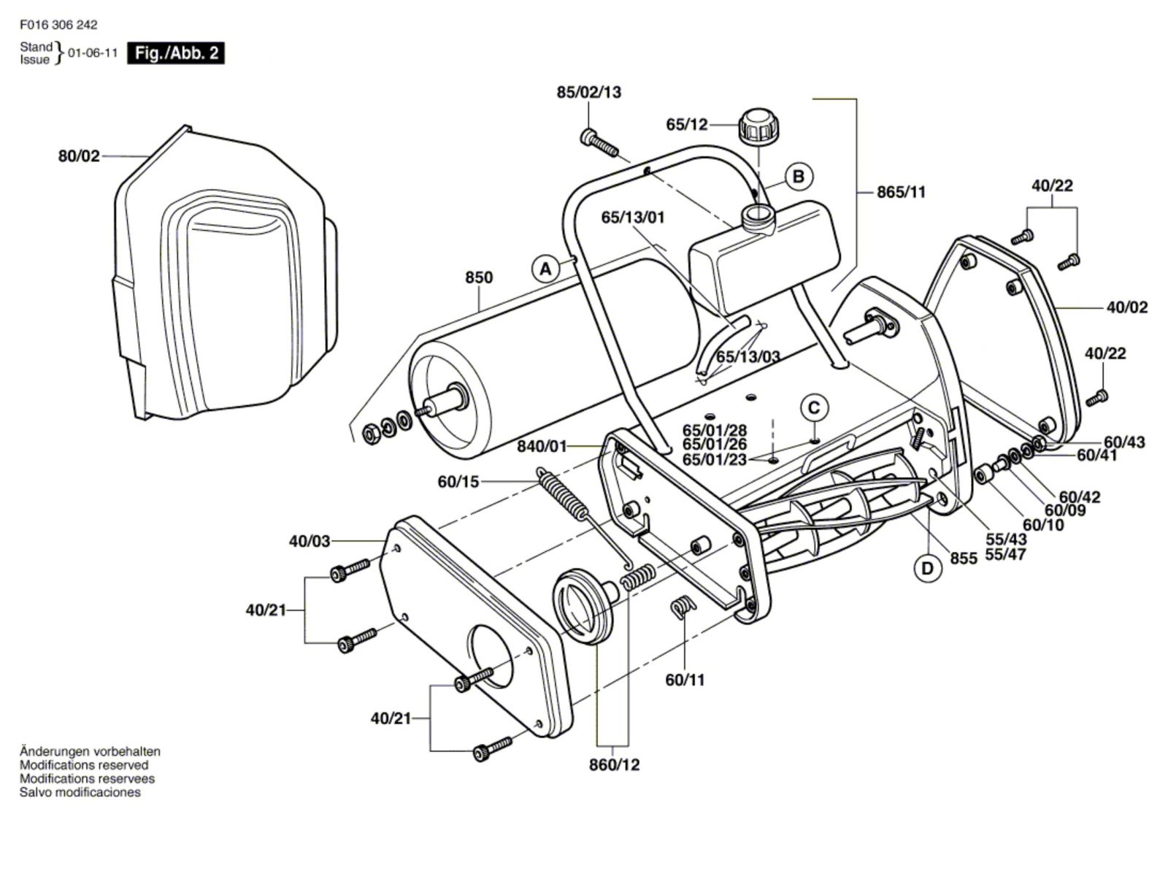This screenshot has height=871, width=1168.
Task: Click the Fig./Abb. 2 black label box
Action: coord(176,53)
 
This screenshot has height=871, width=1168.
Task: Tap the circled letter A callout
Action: coord(545,269)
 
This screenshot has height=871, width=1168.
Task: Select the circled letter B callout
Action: coord(799,177)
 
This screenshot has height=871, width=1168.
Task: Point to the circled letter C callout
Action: coord(815,407)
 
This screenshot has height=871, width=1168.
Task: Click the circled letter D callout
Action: coord(927,568)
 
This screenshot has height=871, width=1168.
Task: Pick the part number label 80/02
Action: coord(79,156)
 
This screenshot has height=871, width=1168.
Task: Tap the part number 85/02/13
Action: coord(588,93)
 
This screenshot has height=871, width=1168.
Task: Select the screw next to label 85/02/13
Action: coord(599,142)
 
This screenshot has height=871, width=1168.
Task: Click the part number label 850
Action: coord(479,277)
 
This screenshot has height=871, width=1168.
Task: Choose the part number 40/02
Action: coord(1126,307)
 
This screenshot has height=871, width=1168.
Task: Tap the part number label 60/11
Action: coord(685,680)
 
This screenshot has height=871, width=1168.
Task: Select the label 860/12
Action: coord(614,764)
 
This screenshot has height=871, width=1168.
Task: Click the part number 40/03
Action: coord(310,541)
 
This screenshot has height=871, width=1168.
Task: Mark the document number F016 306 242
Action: coord(59,25)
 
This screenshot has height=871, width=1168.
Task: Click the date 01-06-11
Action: coord(93,53)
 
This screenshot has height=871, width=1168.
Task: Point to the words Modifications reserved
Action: coord(84,765)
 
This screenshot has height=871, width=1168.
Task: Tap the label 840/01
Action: coord(542,445)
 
